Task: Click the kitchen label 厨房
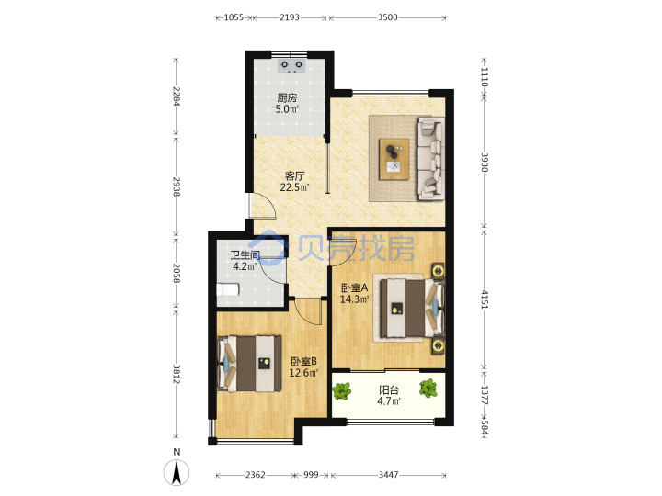287,98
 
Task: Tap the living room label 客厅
294,175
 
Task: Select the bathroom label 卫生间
245,255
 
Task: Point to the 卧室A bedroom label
355,288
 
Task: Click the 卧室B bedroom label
303,362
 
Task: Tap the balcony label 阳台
388,389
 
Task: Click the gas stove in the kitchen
292,67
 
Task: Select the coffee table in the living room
394,159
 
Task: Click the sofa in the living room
430,158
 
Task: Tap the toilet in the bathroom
228,289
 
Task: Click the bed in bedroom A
412,308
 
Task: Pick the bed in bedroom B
249,363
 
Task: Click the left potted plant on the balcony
342,391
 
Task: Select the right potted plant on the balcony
428,388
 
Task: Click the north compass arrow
177,472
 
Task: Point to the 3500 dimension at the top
388,17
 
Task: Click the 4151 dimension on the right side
485,299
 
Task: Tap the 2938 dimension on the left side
177,186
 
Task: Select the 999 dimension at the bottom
311,475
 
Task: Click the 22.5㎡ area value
295,186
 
